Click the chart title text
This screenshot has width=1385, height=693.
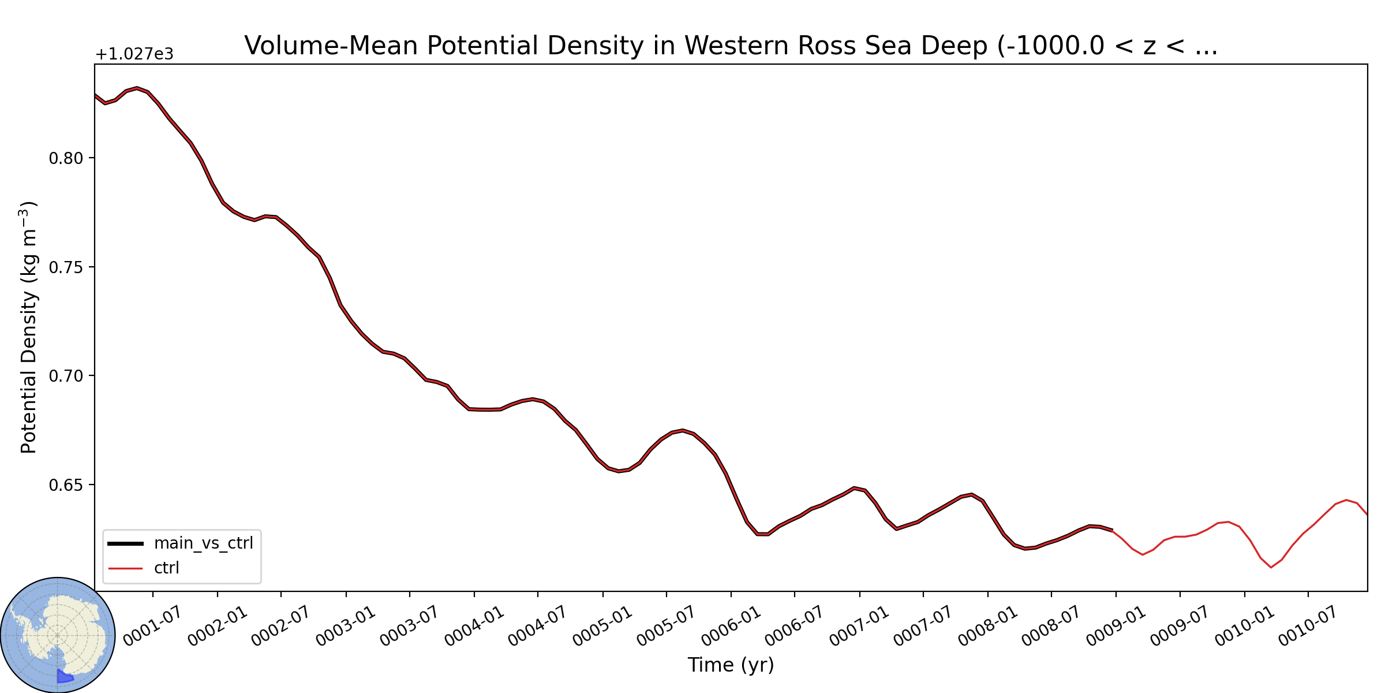(x=731, y=46)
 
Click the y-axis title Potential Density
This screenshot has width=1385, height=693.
(x=28, y=327)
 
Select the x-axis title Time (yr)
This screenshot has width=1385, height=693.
(x=731, y=665)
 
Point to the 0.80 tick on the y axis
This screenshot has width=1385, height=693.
(x=66, y=158)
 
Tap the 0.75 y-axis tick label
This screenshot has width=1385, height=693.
(x=66, y=267)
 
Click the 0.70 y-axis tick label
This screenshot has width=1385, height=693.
(x=66, y=376)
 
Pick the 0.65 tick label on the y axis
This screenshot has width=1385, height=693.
(x=66, y=485)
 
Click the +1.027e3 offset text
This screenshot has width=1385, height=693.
(x=134, y=54)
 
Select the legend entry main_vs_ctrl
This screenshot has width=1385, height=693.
(x=181, y=543)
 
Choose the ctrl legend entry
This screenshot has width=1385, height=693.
(x=144, y=568)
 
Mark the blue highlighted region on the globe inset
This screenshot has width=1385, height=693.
(x=63, y=676)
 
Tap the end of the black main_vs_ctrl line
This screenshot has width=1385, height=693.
(x=1112, y=530)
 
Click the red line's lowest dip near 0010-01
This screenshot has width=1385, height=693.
(x=1271, y=568)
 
